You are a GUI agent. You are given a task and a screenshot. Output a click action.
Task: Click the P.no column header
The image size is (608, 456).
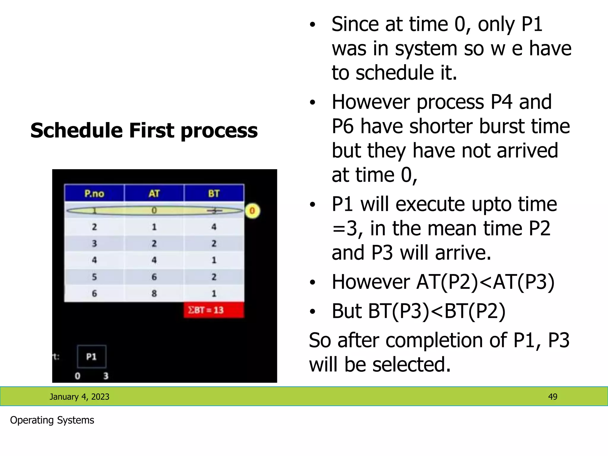pos(94,194)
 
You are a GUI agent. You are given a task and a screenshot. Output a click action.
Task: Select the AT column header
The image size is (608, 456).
pos(154,194)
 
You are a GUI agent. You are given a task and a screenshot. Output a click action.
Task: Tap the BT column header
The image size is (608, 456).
pos(214,194)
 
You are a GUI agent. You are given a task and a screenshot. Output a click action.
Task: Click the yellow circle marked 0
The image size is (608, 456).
pos(252,211)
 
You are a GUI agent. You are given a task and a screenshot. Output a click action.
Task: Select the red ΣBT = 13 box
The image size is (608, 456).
pos(214,310)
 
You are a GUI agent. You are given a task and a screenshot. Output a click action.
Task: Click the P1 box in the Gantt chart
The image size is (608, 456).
pos(91,357)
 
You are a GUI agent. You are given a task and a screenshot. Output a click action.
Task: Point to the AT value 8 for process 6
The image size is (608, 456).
pos(154,293)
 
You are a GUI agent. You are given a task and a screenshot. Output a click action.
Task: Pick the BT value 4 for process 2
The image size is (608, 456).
pos(214,227)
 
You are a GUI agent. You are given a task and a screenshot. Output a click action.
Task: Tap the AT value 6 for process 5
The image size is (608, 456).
pos(154,277)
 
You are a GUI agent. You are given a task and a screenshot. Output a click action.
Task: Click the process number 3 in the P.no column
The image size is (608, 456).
pos(94,243)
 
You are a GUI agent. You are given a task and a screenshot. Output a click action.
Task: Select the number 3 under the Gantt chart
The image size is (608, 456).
pos(106,376)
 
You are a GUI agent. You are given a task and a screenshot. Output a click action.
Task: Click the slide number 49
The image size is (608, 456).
pos(552,397)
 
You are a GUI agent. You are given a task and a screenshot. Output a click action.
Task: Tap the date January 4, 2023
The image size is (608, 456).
pos(79,397)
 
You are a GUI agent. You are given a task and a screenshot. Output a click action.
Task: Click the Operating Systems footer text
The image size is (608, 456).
pos(52,420)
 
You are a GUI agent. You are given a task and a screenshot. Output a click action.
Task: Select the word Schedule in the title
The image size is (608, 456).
pos(77,131)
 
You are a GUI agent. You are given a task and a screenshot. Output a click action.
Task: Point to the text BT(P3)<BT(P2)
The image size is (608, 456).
pos(436,311)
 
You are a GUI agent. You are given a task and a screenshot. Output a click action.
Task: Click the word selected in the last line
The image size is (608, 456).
pos(411,364)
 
